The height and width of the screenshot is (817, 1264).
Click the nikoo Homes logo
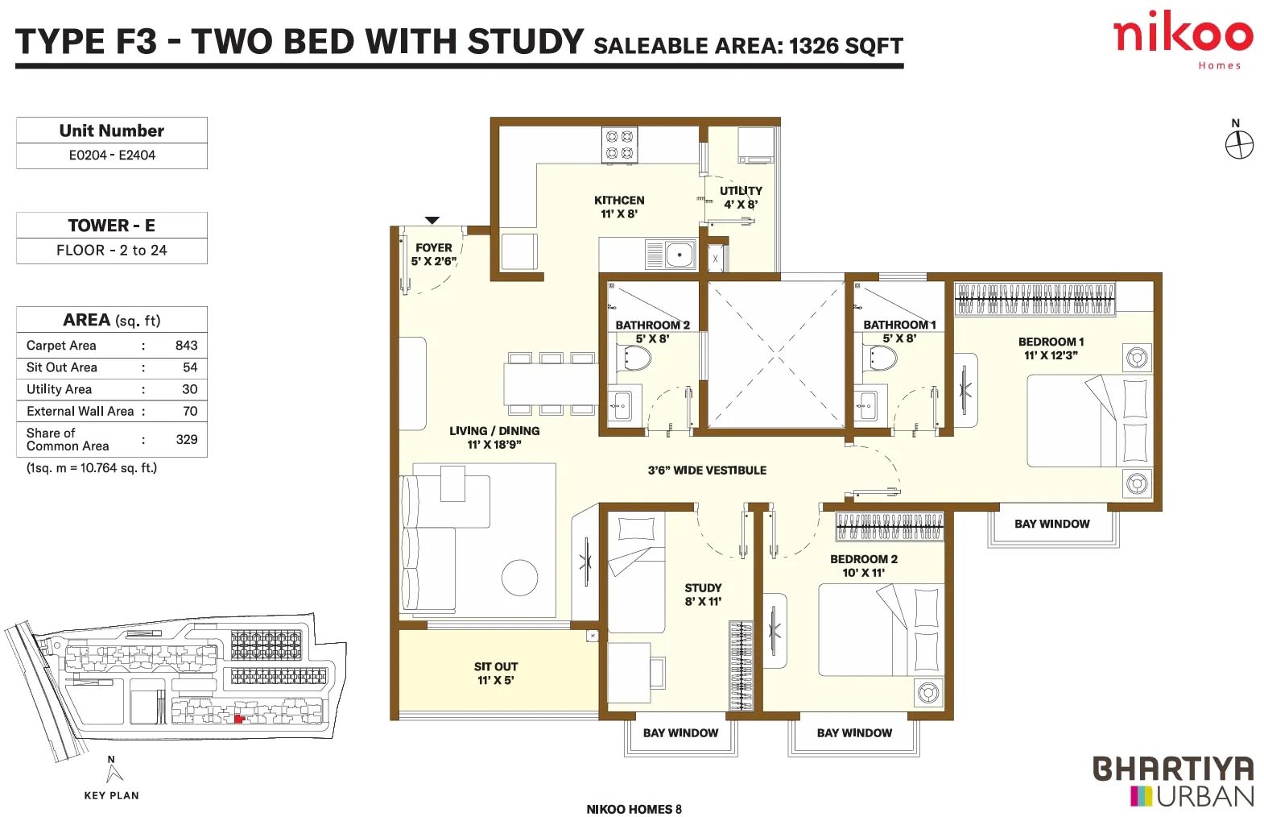1183,39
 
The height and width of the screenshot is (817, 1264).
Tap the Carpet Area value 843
186,346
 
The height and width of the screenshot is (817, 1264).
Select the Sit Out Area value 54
190,367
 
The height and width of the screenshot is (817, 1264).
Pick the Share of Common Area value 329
187,439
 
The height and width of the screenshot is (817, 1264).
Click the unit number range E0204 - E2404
112,156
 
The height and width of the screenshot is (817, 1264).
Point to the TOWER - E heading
112,226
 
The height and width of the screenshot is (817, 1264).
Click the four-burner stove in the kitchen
619,144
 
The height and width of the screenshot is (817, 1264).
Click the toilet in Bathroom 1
882,358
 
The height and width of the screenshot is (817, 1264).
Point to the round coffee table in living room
520,578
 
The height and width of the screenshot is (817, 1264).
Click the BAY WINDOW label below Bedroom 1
1051,524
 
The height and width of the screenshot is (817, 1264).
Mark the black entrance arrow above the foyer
432,220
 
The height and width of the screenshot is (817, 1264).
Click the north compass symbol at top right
1240,144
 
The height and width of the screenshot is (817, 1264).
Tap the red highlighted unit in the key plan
239,719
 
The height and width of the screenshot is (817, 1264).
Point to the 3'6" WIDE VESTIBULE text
707,471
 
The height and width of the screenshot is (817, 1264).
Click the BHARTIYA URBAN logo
1173,782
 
